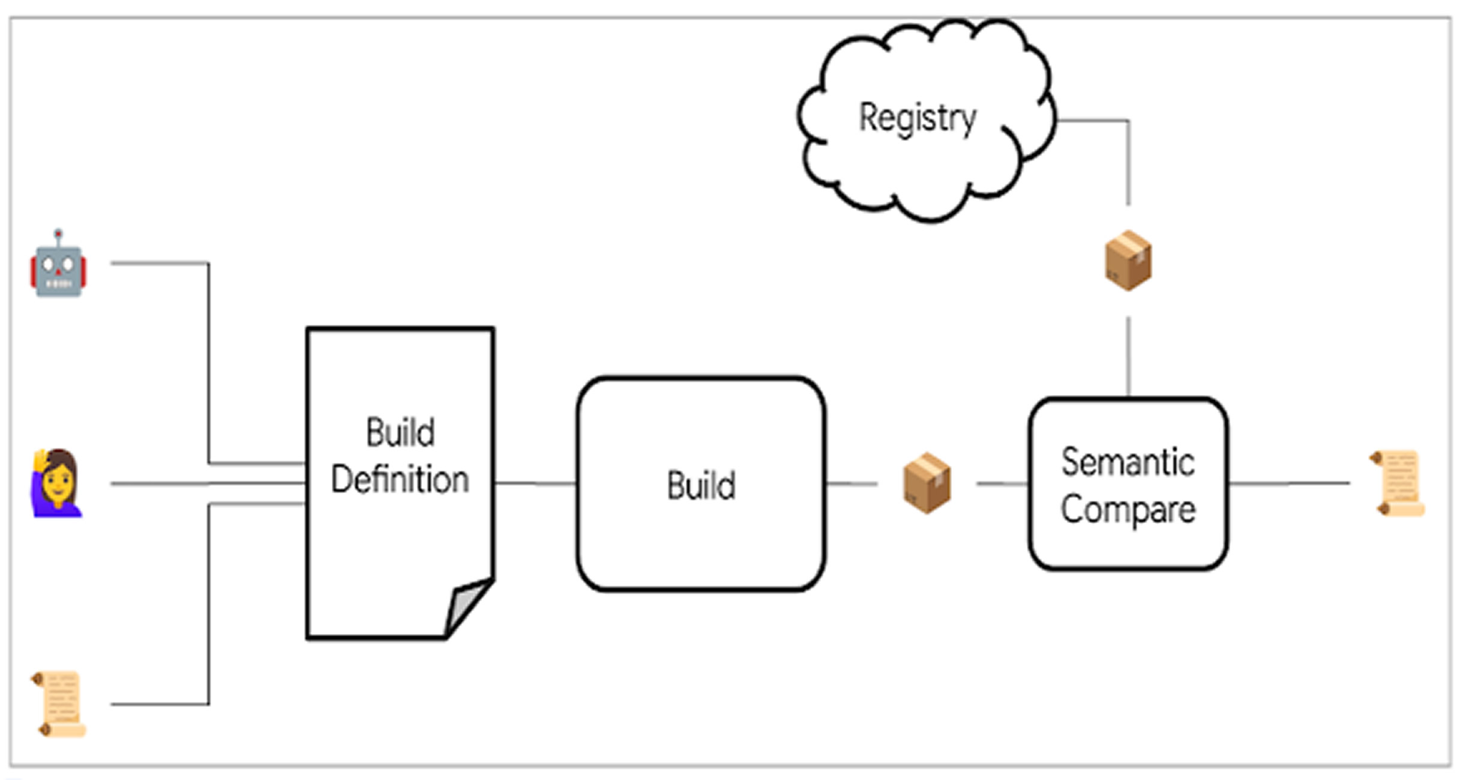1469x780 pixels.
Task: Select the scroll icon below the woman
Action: tap(59, 704)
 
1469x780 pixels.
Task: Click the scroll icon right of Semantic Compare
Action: tap(1398, 483)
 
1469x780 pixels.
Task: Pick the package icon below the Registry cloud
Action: tap(1128, 261)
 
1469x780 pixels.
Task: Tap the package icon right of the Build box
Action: tap(927, 483)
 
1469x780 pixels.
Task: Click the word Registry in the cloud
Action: tap(918, 119)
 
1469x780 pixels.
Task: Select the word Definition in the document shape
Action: tap(400, 480)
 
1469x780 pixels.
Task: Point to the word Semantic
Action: tap(1128, 462)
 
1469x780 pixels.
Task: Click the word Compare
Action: tap(1128, 510)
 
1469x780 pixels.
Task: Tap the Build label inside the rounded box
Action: tap(701, 485)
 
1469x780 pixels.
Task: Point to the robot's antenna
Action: tap(58, 238)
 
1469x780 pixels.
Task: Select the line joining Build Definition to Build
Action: tap(535, 483)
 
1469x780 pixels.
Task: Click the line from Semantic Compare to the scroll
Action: tap(1289, 483)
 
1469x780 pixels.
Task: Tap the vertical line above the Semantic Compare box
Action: tap(1128, 357)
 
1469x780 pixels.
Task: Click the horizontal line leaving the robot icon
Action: tap(160, 263)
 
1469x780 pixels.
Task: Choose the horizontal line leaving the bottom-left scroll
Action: tap(160, 704)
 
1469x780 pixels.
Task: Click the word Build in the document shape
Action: tap(400, 432)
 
